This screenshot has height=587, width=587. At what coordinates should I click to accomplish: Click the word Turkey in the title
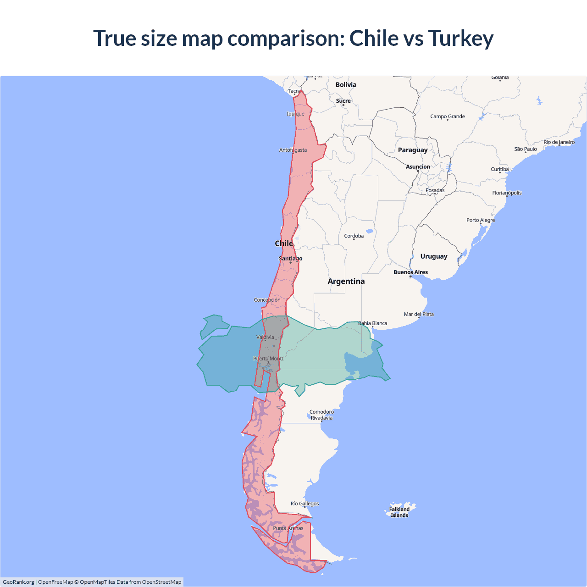460,38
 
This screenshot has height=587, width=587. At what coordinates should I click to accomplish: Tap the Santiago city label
291,259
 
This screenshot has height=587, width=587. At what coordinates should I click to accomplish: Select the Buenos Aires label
410,272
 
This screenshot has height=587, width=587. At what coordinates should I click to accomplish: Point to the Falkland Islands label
399,512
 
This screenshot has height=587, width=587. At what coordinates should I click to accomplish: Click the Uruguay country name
434,256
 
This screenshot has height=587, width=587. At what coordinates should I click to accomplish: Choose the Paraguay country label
413,150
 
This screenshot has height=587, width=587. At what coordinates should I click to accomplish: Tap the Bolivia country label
346,85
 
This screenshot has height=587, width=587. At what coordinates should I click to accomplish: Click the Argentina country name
346,281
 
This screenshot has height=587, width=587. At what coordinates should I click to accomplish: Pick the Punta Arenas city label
288,528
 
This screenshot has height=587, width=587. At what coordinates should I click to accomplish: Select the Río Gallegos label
305,504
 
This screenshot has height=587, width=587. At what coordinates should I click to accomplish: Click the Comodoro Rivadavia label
321,415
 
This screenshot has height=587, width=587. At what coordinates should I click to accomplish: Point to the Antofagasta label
293,150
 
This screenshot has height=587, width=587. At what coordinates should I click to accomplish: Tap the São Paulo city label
526,149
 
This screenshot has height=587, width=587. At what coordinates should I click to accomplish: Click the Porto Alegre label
481,220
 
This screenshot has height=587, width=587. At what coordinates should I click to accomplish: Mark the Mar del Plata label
419,314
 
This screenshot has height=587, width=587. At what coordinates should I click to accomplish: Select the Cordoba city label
354,236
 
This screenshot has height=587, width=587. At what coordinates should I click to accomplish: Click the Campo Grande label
448,116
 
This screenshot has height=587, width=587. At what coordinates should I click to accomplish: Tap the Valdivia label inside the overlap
265,337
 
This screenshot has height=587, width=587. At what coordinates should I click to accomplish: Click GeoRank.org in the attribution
18,582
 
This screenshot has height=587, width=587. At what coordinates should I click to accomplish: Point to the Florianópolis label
507,193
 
